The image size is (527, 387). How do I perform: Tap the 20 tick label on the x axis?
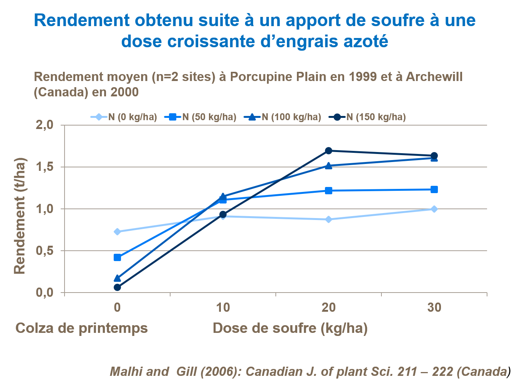328,308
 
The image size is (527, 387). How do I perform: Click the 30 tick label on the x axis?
434,308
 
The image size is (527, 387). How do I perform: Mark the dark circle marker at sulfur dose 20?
328,150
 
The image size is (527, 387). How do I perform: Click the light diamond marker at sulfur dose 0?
117,232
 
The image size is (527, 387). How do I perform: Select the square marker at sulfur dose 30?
434,189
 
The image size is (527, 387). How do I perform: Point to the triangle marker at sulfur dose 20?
328,165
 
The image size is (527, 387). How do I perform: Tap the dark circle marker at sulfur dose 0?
117,287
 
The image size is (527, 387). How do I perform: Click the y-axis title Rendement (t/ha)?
20,216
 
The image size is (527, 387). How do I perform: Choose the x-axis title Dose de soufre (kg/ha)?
290,328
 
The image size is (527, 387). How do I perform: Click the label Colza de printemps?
81,328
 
